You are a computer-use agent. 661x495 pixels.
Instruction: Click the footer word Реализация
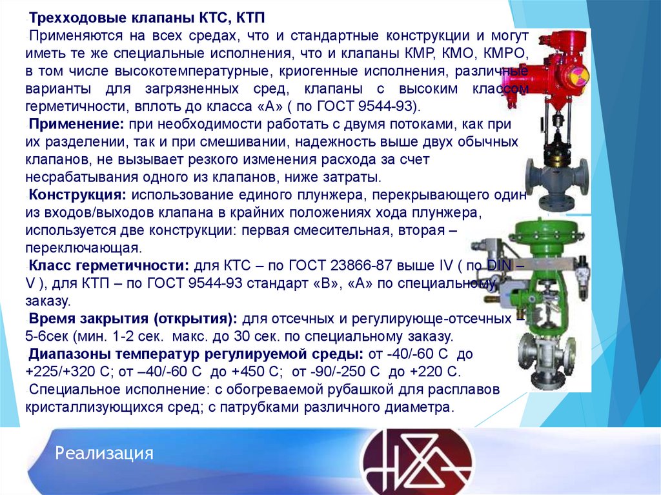point(104,452)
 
